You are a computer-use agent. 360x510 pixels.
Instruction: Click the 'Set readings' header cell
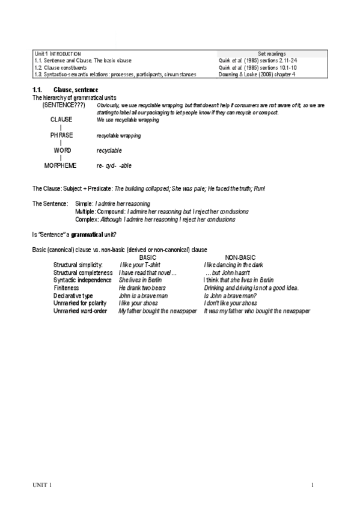click(x=272, y=54)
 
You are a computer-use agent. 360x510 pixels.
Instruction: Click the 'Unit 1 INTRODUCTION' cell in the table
click(x=58, y=54)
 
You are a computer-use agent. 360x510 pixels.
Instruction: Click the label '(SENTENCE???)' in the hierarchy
click(x=64, y=105)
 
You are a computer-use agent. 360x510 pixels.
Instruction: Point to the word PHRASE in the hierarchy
click(x=61, y=135)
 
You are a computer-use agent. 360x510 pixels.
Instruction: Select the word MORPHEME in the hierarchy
click(x=61, y=165)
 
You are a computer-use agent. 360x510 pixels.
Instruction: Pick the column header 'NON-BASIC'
click(x=239, y=257)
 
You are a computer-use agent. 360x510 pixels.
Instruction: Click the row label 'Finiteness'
click(x=66, y=288)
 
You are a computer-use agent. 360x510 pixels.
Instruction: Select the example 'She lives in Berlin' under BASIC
click(x=140, y=280)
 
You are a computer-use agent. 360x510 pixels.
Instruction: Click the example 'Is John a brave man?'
click(x=230, y=296)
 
